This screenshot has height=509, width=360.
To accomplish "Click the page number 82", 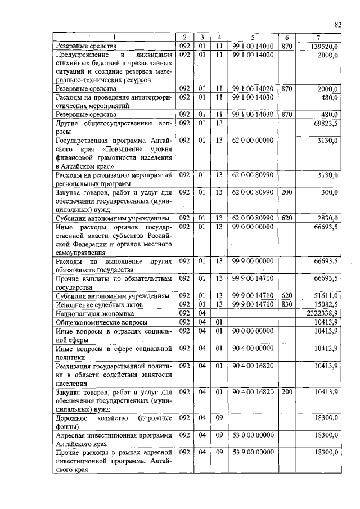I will pos(338,24).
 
